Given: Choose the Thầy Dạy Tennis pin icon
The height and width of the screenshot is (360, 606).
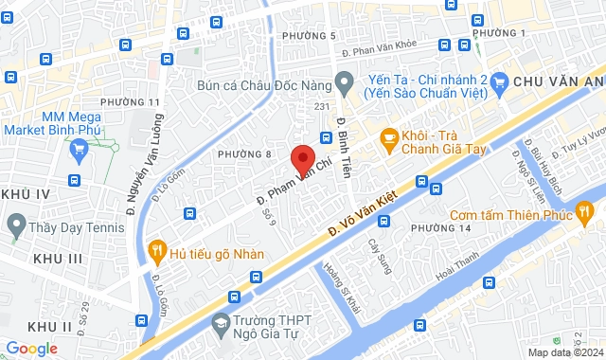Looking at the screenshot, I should tap(15, 225).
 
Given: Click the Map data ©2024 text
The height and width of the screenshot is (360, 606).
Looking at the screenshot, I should tap(564, 352).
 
